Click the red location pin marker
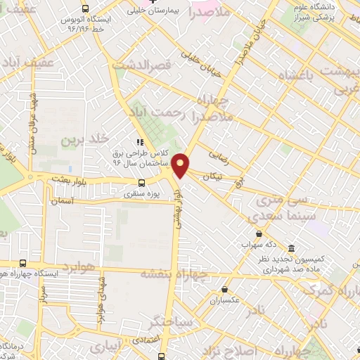pos(181,165)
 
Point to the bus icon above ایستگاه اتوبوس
pos(86,9)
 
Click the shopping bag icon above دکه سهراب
pos(259,233)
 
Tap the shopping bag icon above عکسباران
pos(224,289)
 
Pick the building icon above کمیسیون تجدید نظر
pos(292,247)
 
